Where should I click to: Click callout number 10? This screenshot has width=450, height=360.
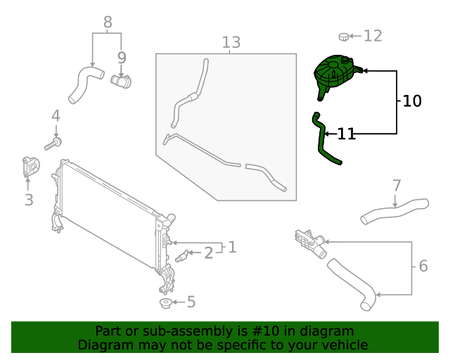[x=412, y=101]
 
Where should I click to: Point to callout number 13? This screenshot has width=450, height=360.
[x=231, y=43]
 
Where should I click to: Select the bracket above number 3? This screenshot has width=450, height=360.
[x=29, y=167]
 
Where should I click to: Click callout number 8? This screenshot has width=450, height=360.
[x=108, y=22]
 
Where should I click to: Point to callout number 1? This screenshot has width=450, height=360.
[x=231, y=247]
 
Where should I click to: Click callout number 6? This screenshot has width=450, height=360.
[x=423, y=266]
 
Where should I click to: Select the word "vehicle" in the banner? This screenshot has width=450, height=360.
[x=342, y=345]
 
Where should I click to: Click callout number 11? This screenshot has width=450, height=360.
[x=347, y=134]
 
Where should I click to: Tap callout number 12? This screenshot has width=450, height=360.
[x=372, y=35]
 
